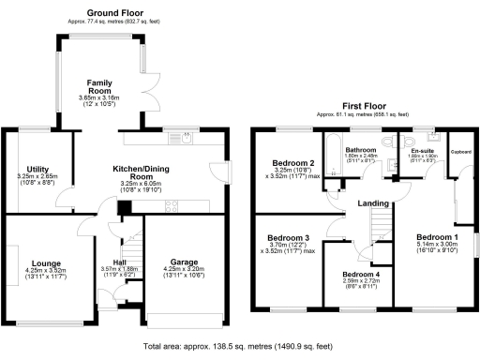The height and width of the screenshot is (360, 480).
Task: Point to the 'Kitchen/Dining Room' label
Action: coord(140,171)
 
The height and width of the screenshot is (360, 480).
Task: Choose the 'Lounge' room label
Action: coord(46,263)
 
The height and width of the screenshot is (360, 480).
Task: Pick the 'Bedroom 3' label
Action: coord(287,238)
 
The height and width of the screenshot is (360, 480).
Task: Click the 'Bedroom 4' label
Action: coord(360,273)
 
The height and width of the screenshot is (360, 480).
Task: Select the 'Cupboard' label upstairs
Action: coord(460,151)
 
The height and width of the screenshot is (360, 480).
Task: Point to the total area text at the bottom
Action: coord(240,346)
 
